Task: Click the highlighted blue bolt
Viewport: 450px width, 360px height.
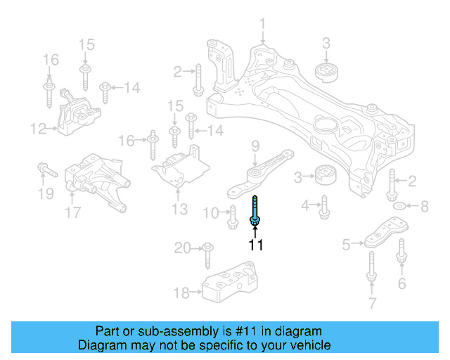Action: (255, 210)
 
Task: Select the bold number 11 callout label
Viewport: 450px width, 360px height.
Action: (255, 245)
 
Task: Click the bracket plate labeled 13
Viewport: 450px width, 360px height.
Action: (181, 168)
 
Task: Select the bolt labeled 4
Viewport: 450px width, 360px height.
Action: (324, 207)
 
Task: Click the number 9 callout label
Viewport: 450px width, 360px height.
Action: (255, 146)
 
